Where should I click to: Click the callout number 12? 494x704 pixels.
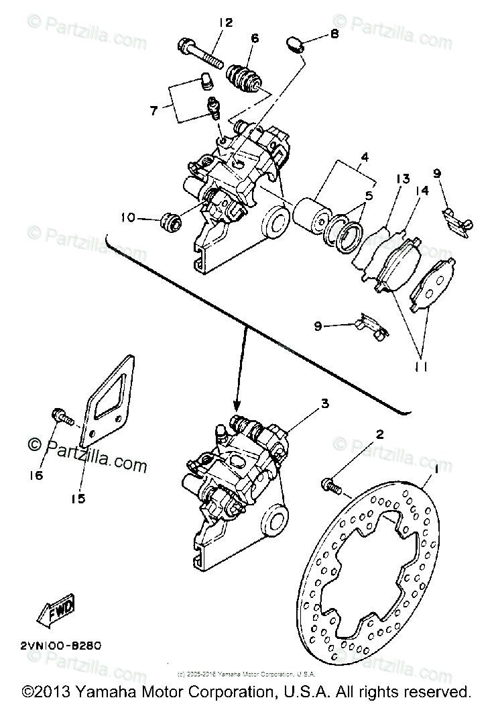(x=225, y=23)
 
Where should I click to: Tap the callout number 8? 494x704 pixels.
(x=335, y=34)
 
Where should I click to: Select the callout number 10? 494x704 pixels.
(x=127, y=217)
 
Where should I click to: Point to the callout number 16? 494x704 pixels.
(x=36, y=475)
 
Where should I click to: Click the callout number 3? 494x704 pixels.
(x=324, y=403)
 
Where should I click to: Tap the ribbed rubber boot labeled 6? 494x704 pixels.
(x=247, y=77)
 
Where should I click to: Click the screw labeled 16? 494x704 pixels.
(x=62, y=417)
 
